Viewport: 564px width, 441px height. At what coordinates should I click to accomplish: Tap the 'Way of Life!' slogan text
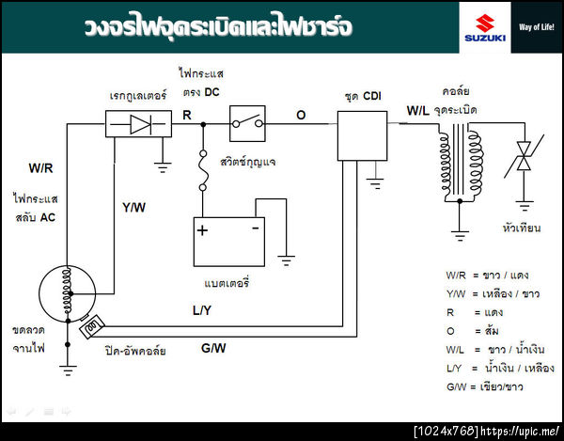click(x=536, y=25)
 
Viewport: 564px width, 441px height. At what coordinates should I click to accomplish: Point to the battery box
click(x=227, y=242)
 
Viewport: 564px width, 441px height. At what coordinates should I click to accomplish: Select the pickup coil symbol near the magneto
click(x=93, y=326)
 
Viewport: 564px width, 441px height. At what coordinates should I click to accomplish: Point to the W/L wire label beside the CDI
click(x=418, y=111)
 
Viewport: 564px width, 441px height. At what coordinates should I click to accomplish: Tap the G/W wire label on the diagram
click(x=212, y=350)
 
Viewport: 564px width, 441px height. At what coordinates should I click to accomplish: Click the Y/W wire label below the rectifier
click(x=133, y=207)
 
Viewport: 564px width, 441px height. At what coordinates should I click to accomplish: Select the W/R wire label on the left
click(x=40, y=168)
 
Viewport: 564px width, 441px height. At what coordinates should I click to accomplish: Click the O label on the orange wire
click(x=301, y=115)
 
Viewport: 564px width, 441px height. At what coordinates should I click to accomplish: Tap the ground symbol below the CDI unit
click(x=376, y=173)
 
